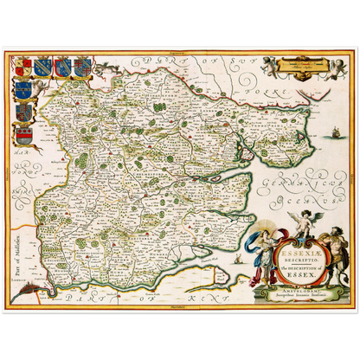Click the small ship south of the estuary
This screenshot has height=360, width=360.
click(238, 257)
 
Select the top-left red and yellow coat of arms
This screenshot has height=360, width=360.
click(22, 67)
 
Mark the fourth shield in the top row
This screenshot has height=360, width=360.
click(81, 66)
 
